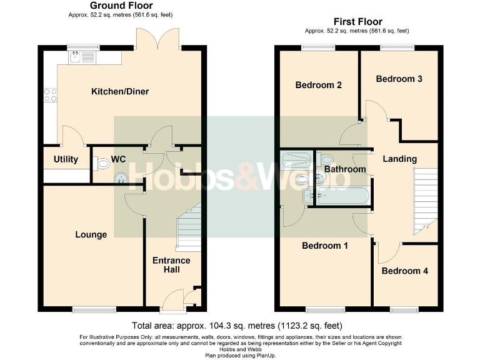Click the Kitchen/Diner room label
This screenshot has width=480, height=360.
(120, 92)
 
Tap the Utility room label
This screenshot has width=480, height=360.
(66, 159)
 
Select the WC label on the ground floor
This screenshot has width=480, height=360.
(118, 159)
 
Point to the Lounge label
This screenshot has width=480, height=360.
(91, 234)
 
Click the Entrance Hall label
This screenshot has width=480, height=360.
(171, 264)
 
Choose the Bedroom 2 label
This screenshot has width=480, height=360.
(318, 85)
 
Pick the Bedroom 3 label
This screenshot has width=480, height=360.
(399, 79)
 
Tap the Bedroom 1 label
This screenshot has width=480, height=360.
(324, 246)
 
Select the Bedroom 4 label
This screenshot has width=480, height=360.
(404, 271)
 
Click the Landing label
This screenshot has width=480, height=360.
(399, 159)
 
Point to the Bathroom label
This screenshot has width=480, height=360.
(345, 169)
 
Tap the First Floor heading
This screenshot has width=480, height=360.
(357, 22)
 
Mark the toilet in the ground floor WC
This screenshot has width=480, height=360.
(102, 163)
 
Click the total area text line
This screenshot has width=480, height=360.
(237, 326)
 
